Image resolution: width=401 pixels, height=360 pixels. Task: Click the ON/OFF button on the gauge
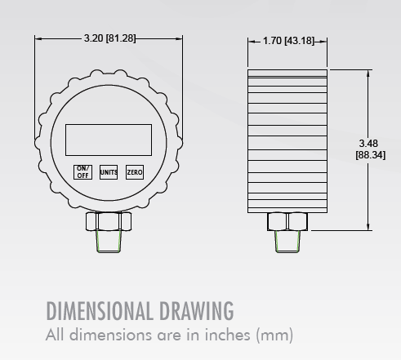[83, 171]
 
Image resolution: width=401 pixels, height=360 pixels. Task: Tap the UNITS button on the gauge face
[109, 172]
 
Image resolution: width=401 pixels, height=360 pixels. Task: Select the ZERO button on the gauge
[135, 172]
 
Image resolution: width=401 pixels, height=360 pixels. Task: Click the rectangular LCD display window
[109, 139]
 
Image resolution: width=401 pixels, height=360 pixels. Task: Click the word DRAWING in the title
[197, 311]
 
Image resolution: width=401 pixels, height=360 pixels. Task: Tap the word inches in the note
[229, 335]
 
